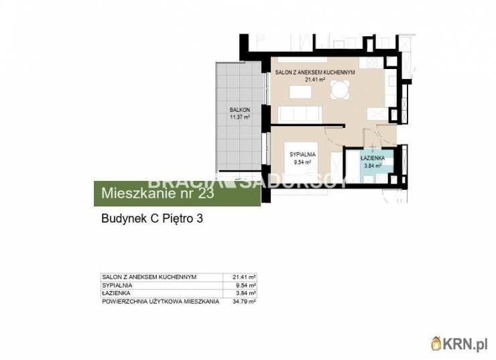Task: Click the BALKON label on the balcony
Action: coord(239,109)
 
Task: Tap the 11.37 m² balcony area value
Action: coord(239,117)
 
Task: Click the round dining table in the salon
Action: coord(340,89)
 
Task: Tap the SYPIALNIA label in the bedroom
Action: coord(302,155)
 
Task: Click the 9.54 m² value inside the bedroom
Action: coord(302,162)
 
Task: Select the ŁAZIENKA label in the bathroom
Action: coord(372,158)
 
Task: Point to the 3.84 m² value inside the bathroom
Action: coord(372,166)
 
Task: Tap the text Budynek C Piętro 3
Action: coord(151,219)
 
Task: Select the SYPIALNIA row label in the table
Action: coord(118,285)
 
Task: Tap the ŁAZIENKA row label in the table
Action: coord(117,293)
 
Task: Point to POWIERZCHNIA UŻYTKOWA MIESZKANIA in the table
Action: coord(160,302)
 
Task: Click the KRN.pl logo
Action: coord(460,344)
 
